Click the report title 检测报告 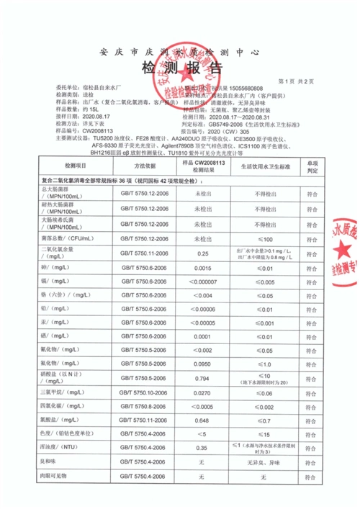point(180,69)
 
